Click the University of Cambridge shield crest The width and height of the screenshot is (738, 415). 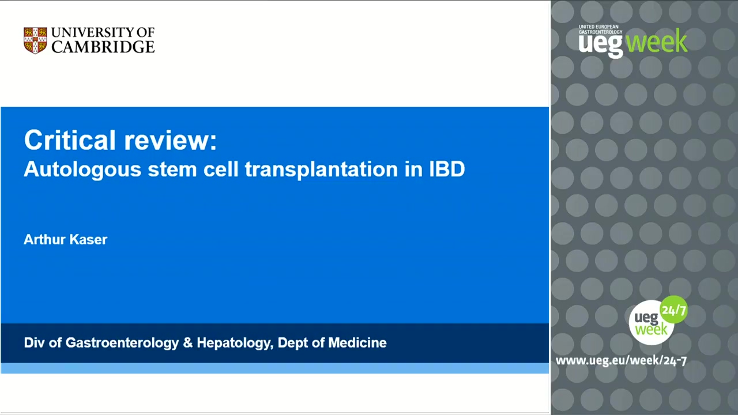35,40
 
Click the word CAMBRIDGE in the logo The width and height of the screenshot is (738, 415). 103,47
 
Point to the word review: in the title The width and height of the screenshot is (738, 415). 170,141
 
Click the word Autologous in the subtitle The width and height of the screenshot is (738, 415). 82,170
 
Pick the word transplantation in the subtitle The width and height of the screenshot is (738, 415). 321,170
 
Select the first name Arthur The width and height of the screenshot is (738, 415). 44,239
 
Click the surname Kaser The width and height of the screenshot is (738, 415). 88,239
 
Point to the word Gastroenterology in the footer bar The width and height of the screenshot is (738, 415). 122,343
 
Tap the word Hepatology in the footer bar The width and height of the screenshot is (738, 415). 235,343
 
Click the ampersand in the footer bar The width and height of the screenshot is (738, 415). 188,343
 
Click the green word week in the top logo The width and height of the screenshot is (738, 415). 656,41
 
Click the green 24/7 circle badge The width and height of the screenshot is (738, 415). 674,310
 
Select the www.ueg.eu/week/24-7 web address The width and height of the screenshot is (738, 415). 621,361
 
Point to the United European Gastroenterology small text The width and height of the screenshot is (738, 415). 600,29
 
